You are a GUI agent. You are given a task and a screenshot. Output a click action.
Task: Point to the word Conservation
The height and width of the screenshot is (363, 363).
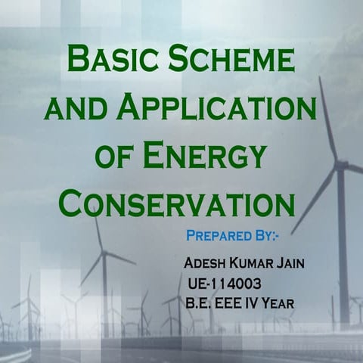177,203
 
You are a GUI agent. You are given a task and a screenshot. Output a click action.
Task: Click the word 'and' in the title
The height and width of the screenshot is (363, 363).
72,109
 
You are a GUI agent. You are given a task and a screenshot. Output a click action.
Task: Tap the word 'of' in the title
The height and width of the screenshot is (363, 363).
117,157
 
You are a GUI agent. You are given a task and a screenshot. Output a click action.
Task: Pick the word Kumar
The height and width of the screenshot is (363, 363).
256,267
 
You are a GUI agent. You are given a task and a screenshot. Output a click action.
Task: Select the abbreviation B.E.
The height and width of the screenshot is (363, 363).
199,304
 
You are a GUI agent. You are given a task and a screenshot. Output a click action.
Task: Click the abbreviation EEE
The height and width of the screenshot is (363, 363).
235,304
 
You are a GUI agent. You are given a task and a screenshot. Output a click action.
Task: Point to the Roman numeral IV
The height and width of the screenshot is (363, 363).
262,304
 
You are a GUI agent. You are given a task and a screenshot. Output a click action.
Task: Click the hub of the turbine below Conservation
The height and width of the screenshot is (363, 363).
103,253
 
